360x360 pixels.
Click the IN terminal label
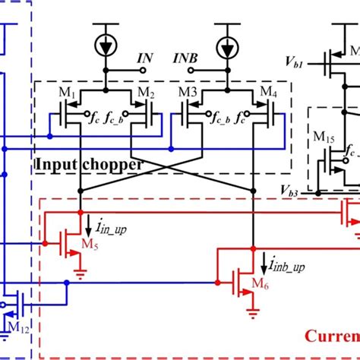(x=146, y=58)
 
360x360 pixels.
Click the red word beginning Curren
(x=331, y=335)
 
